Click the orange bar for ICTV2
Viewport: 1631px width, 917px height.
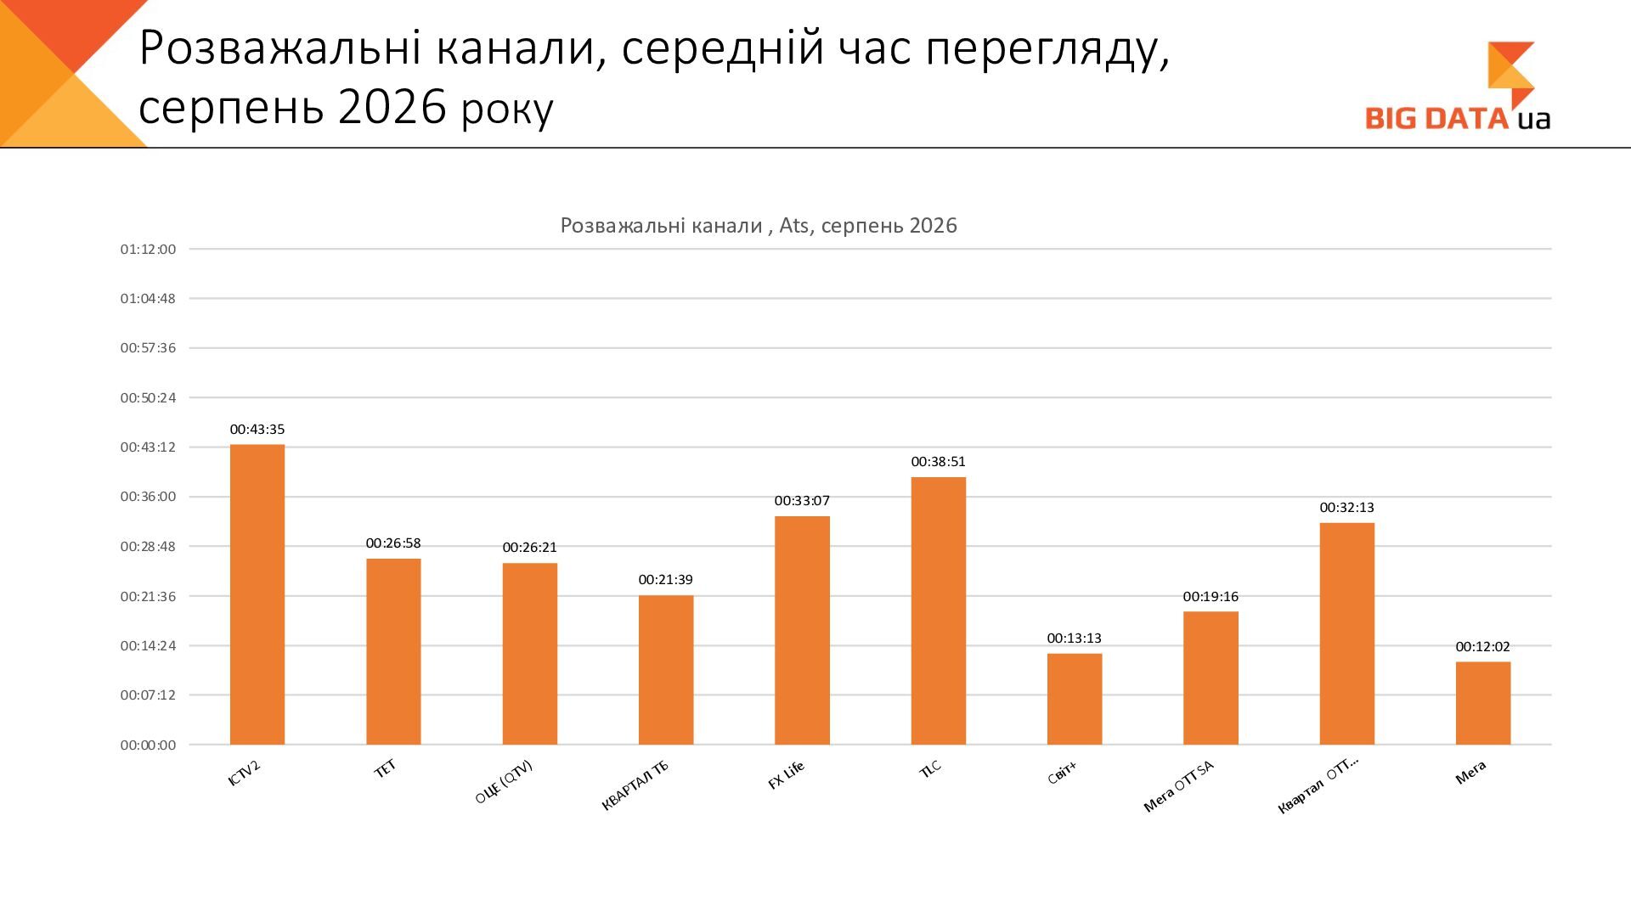click(x=257, y=594)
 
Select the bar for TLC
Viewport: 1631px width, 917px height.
click(x=939, y=610)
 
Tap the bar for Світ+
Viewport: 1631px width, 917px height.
click(x=1075, y=699)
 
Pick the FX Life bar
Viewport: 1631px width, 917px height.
click(x=802, y=630)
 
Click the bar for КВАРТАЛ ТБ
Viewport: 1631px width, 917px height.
click(x=666, y=670)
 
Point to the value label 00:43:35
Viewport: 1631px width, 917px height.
click(x=257, y=430)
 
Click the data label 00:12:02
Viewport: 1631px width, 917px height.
click(x=1483, y=647)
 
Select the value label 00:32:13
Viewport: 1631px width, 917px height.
click(x=1346, y=508)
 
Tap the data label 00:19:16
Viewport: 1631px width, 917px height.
click(x=1211, y=597)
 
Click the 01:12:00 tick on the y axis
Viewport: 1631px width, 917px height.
click(x=148, y=250)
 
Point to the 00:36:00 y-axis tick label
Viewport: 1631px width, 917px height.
click(x=148, y=497)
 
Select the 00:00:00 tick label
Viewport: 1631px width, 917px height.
click(x=148, y=745)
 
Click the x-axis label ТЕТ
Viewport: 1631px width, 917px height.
click(x=386, y=769)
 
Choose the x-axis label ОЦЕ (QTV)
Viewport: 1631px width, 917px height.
click(x=504, y=782)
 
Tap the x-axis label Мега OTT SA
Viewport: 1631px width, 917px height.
click(x=1179, y=786)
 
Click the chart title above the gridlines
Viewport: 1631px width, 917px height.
click(x=759, y=226)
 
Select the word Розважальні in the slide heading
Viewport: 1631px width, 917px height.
click(x=280, y=48)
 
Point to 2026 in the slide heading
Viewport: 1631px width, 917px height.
click(x=392, y=108)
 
